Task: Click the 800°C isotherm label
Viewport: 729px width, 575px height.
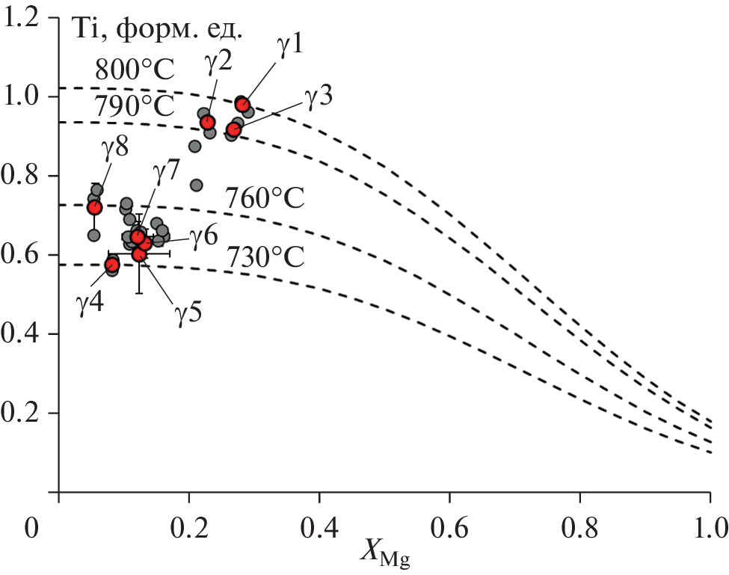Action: click(135, 71)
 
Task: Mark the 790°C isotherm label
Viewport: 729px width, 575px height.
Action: click(135, 107)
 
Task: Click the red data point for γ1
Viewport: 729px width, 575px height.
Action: click(242, 105)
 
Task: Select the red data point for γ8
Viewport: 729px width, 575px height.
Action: click(94, 207)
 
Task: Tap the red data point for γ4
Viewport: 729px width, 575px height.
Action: click(112, 264)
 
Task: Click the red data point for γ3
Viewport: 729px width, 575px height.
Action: click(233, 130)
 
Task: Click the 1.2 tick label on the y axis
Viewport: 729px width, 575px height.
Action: click(25, 18)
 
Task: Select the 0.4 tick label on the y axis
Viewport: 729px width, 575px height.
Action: click(25, 334)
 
